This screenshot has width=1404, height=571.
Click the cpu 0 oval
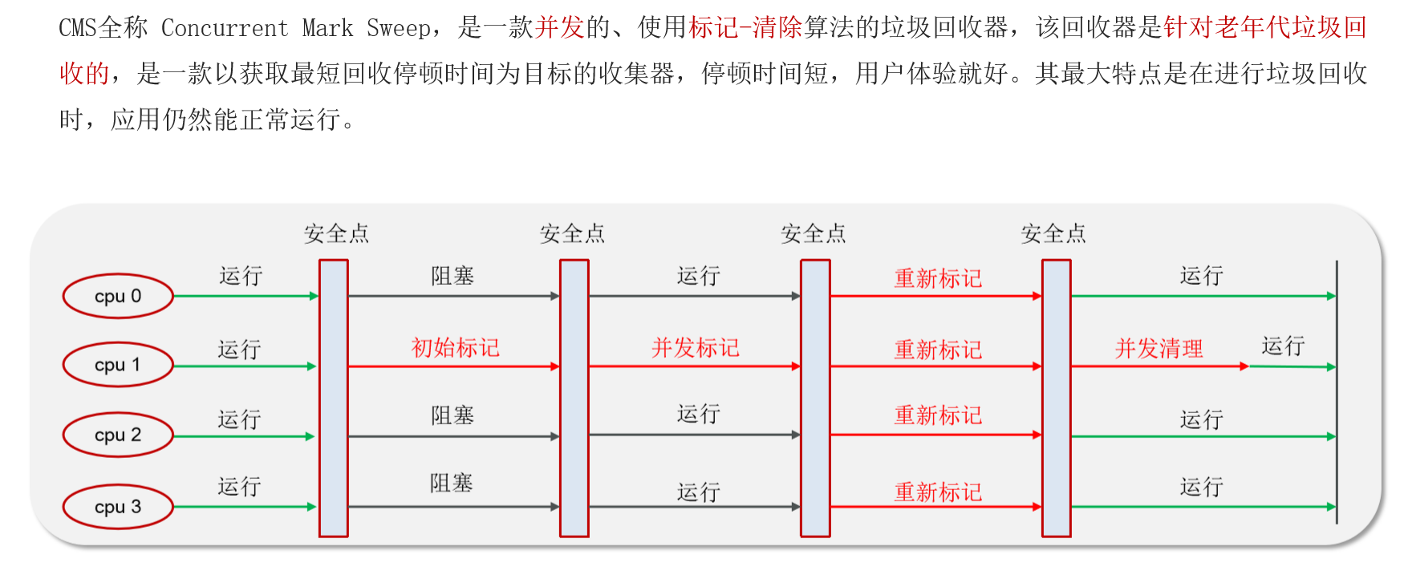(118, 296)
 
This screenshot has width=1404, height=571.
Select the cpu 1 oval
(118, 365)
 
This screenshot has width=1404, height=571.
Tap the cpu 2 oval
(118, 435)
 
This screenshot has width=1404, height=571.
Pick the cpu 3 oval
(118, 507)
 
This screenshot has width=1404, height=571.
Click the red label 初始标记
(455, 348)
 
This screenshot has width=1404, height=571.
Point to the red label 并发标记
(695, 348)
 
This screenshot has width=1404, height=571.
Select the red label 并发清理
(1159, 349)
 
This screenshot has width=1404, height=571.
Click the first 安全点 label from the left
(336, 234)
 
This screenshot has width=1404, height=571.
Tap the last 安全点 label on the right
(1053, 234)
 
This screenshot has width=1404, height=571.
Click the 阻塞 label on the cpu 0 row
(452, 277)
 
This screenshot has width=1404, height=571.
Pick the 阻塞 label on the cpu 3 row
(451, 484)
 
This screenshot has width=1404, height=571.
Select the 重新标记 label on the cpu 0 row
(938, 279)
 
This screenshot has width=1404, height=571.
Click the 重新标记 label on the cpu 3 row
(938, 492)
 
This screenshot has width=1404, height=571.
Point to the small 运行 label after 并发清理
(1283, 346)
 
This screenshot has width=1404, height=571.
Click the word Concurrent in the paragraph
(225, 29)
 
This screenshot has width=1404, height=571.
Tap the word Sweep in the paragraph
(399, 29)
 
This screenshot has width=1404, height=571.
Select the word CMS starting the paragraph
(77, 29)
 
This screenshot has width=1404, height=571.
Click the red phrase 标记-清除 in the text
(745, 29)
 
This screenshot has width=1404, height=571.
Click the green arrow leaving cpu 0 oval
(245, 296)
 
